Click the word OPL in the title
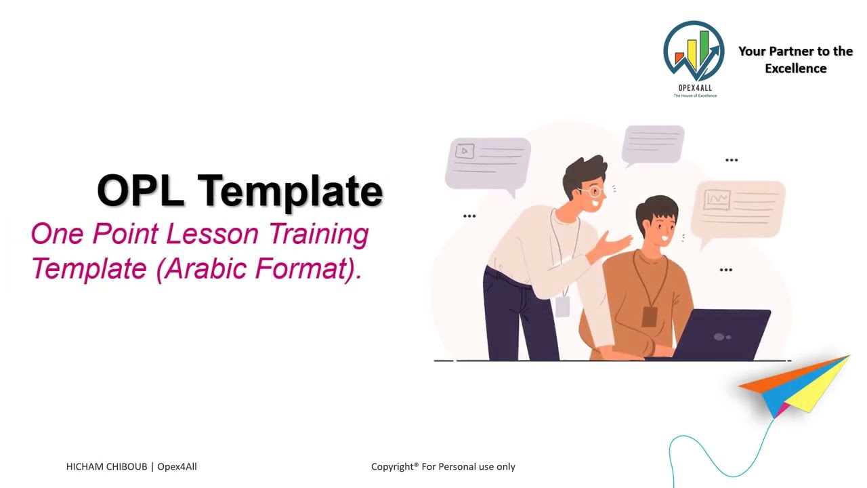click(x=141, y=190)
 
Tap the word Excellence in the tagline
click(x=795, y=68)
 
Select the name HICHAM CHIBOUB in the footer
click(x=106, y=466)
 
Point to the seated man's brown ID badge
click(x=649, y=316)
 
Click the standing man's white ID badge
click(x=562, y=306)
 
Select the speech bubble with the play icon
click(x=488, y=161)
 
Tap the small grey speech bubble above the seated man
click(x=654, y=143)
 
